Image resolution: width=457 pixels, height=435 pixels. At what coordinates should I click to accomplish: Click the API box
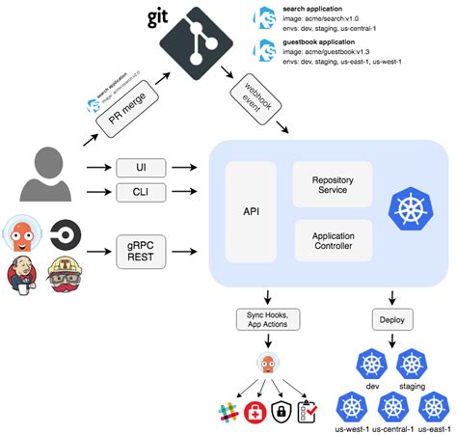(252, 211)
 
